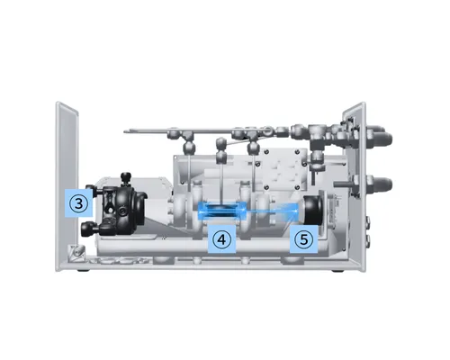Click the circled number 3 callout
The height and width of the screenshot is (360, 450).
point(78,203)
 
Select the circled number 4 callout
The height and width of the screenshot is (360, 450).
point(221,239)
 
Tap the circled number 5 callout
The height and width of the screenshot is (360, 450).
point(303,239)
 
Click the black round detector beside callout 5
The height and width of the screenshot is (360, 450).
point(312,211)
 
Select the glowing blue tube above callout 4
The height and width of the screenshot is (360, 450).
point(222,210)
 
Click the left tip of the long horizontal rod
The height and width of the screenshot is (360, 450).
point(124,130)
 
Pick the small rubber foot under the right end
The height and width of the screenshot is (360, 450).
point(338,271)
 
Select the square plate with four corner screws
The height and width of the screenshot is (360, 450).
point(281,169)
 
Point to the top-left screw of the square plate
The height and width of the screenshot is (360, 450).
point(265,152)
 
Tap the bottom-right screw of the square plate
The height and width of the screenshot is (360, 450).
point(297,187)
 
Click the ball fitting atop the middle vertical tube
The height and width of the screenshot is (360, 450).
point(221,142)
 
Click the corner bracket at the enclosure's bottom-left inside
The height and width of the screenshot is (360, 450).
point(76,251)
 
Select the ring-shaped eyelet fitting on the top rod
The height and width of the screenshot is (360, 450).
point(267,130)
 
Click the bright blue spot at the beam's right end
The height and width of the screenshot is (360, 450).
point(296,211)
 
